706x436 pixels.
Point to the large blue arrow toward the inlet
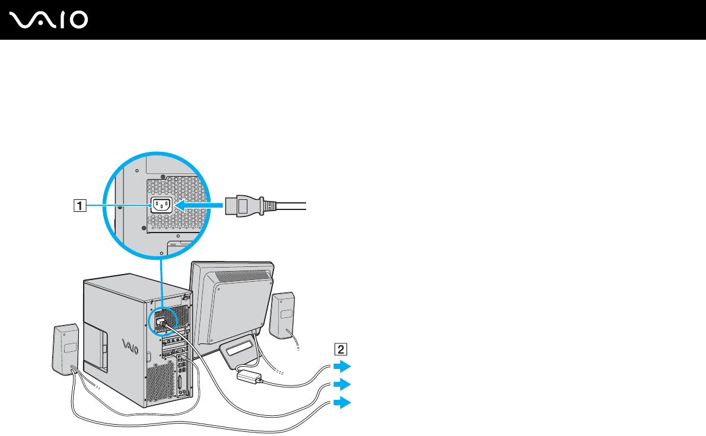click(x=202, y=206)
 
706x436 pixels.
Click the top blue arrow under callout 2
click(x=342, y=365)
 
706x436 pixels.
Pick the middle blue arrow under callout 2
click(x=342, y=384)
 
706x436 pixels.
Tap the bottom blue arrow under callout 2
click(x=342, y=403)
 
